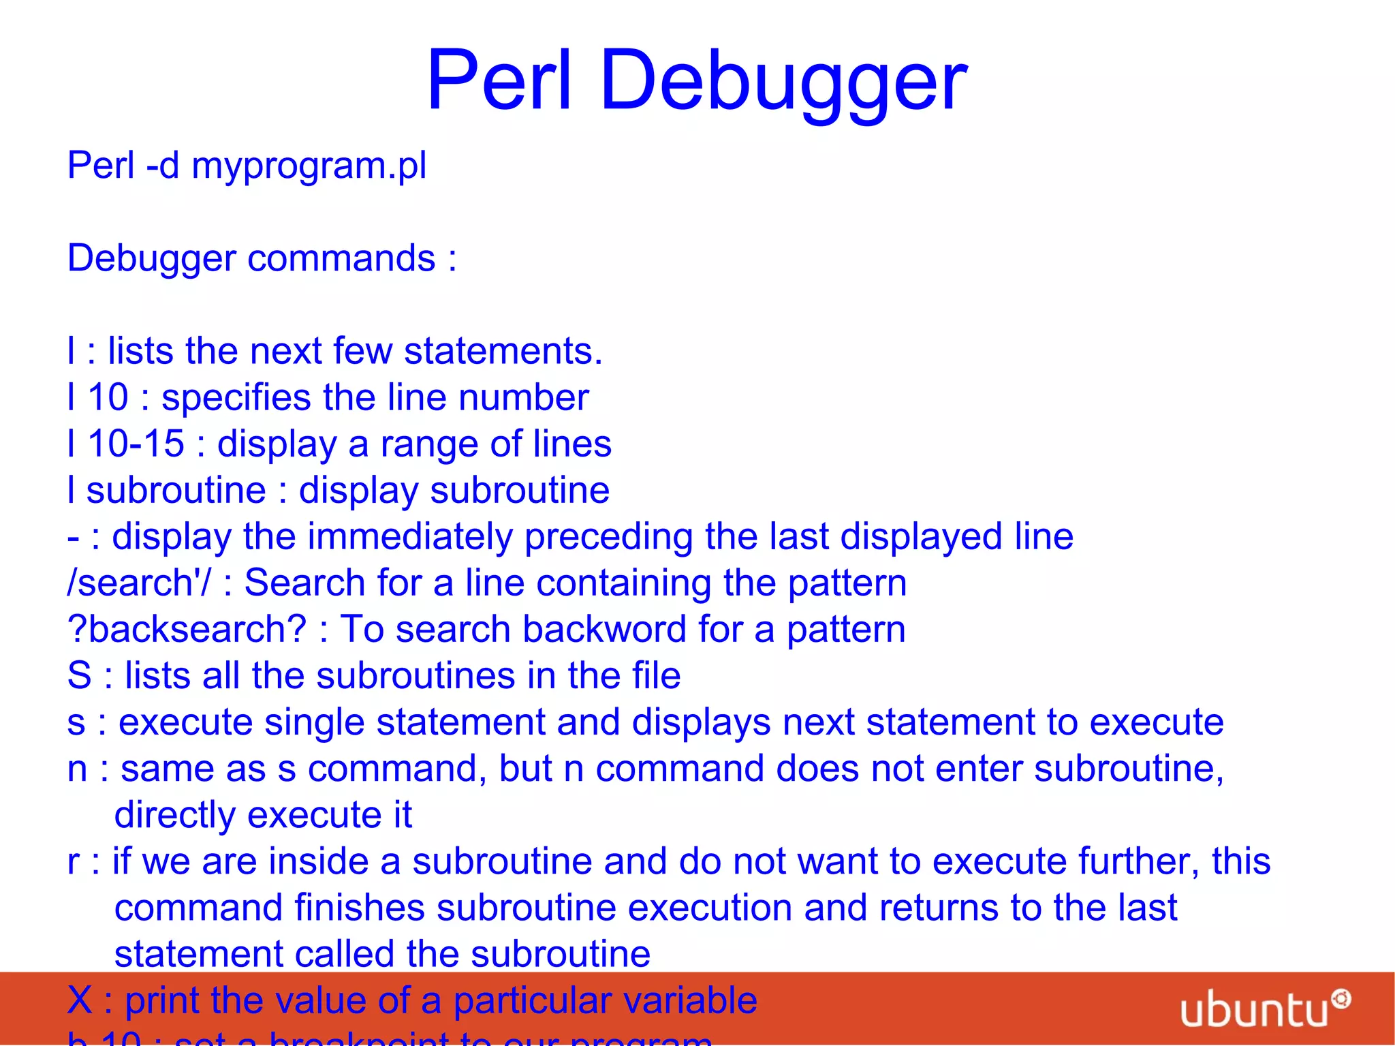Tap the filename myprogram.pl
click(x=309, y=166)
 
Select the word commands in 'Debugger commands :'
click(x=341, y=259)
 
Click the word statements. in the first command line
click(x=503, y=352)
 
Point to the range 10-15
click(x=136, y=444)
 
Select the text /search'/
click(x=139, y=583)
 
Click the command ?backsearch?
click(x=187, y=630)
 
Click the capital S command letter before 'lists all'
click(x=79, y=676)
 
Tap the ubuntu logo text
click(x=1255, y=1010)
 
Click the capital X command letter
click(x=80, y=1000)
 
